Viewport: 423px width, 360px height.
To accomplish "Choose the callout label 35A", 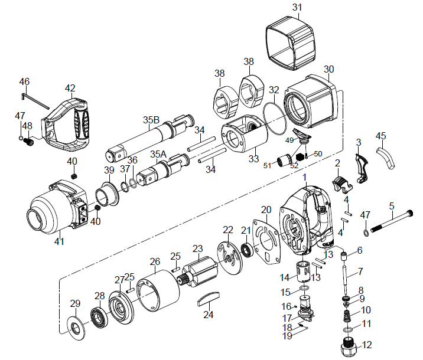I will (158, 154).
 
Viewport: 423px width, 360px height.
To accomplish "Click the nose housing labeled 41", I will (57, 209).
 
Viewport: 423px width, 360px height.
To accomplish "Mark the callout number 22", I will (228, 230).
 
